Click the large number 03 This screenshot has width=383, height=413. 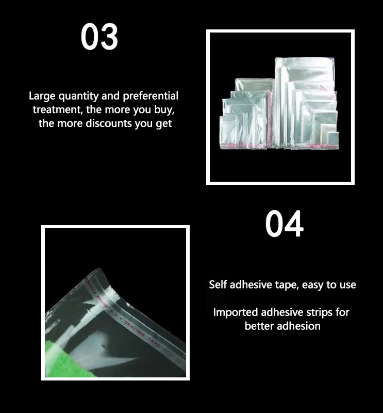pos(99,37)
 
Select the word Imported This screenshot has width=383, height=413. pos(236,312)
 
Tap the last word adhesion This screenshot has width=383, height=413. pos(299,326)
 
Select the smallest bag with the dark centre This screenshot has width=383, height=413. pos(333,137)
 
